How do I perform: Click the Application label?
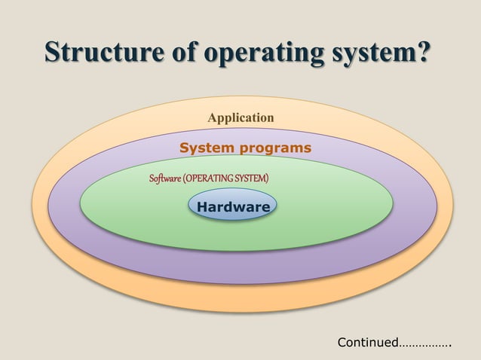[240, 117]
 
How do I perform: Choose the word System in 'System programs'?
[206, 148]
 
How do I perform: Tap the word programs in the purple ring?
[274, 148]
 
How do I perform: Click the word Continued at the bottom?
[368, 343]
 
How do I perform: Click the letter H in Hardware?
[201, 206]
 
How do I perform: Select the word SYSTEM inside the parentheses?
[252, 178]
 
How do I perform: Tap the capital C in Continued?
[342, 343]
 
